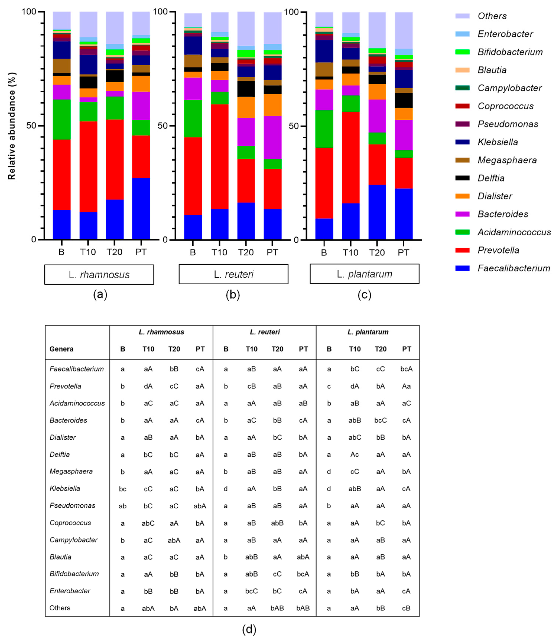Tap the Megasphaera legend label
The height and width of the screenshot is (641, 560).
[x=507, y=160]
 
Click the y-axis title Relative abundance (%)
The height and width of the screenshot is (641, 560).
[x=12, y=126]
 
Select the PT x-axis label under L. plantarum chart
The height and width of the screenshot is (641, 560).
[x=403, y=252]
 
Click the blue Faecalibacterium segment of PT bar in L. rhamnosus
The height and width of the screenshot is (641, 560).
[x=141, y=208]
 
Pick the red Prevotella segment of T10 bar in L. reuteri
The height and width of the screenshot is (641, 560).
[x=219, y=156]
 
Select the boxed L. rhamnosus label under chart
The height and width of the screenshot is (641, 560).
[x=99, y=275]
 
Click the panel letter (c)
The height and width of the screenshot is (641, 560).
[x=364, y=295]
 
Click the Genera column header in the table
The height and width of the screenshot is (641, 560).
[x=61, y=349]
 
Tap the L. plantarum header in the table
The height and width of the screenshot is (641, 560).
[x=368, y=332]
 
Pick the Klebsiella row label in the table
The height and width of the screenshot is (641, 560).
[x=65, y=488]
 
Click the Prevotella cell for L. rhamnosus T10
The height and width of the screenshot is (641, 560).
[x=148, y=386]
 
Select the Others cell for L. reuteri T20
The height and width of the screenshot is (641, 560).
[x=277, y=608]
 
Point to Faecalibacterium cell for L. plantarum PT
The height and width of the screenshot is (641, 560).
[x=406, y=369]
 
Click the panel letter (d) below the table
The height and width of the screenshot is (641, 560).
[x=249, y=630]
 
